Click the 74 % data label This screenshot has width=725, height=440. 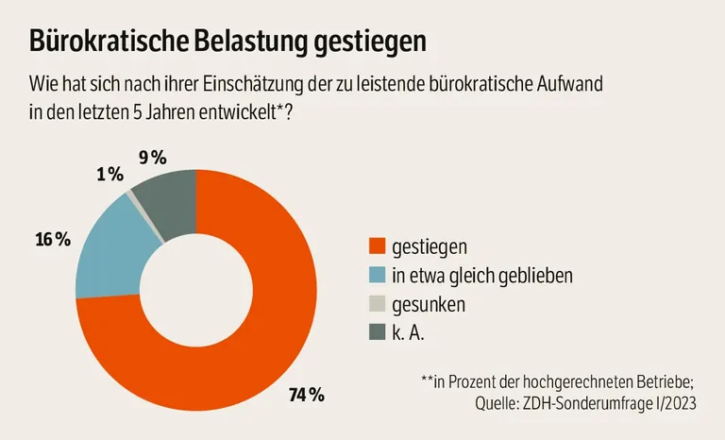point(306,395)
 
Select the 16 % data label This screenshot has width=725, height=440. point(53,239)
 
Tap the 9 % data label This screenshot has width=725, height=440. point(153,158)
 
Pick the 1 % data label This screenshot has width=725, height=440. point(110,174)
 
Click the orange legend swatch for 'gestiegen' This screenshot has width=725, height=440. point(376,247)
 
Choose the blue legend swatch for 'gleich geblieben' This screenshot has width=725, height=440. point(376,276)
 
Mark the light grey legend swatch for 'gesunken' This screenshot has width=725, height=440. point(376,305)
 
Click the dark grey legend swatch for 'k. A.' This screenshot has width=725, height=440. point(376,333)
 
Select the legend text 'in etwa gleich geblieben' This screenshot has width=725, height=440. point(482,276)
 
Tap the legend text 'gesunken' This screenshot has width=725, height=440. point(429,305)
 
